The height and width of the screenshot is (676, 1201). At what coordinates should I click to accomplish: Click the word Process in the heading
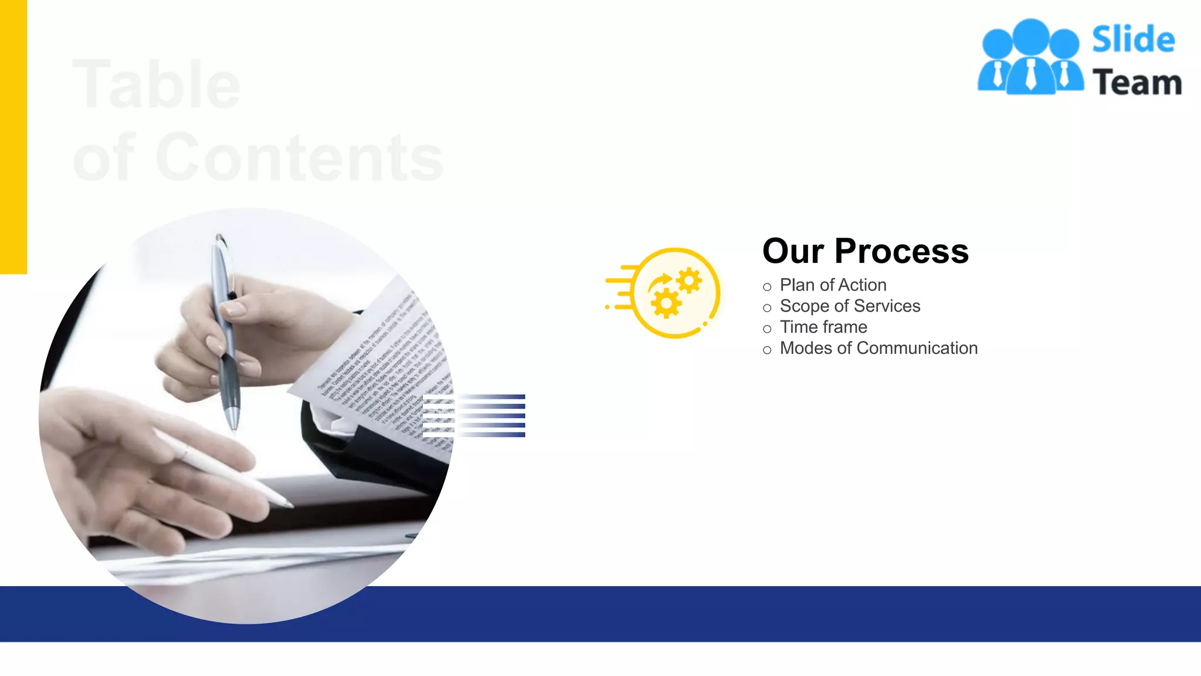pyautogui.click(x=901, y=251)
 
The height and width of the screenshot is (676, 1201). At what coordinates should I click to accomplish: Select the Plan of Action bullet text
pyautogui.click(x=833, y=285)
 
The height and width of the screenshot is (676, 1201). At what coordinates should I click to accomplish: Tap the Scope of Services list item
pyautogui.click(x=850, y=306)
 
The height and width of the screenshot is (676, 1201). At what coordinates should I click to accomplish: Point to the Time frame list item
pyautogui.click(x=823, y=327)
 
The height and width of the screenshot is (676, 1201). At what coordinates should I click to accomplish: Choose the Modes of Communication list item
pyautogui.click(x=878, y=349)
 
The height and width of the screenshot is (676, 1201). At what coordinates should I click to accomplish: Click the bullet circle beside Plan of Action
pyautogui.click(x=767, y=287)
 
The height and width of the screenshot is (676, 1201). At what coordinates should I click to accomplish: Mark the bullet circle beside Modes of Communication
pyautogui.click(x=767, y=350)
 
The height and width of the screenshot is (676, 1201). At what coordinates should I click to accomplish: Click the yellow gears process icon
pyautogui.click(x=674, y=293)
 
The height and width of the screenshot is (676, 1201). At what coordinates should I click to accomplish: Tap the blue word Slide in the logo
pyautogui.click(x=1133, y=40)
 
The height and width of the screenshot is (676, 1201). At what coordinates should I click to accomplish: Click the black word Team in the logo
pyautogui.click(x=1136, y=83)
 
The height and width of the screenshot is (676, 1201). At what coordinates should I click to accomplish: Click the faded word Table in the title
pyautogui.click(x=156, y=85)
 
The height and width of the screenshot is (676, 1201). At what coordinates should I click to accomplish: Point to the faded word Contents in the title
pyautogui.click(x=299, y=158)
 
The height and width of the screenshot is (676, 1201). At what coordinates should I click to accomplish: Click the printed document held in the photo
pyautogui.click(x=381, y=364)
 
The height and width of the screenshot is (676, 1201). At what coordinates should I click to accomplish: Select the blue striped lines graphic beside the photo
pyautogui.click(x=474, y=415)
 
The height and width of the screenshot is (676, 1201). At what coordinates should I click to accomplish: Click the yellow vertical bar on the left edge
pyautogui.click(x=13, y=137)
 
